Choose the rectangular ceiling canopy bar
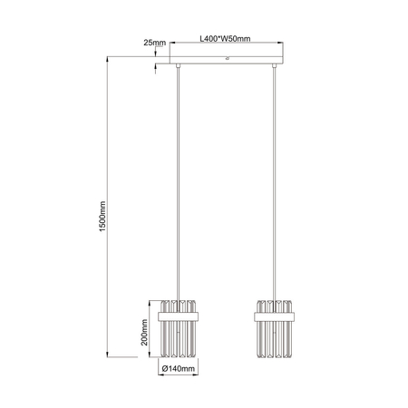coord(224,64)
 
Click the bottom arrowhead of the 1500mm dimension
coord(110,355)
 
